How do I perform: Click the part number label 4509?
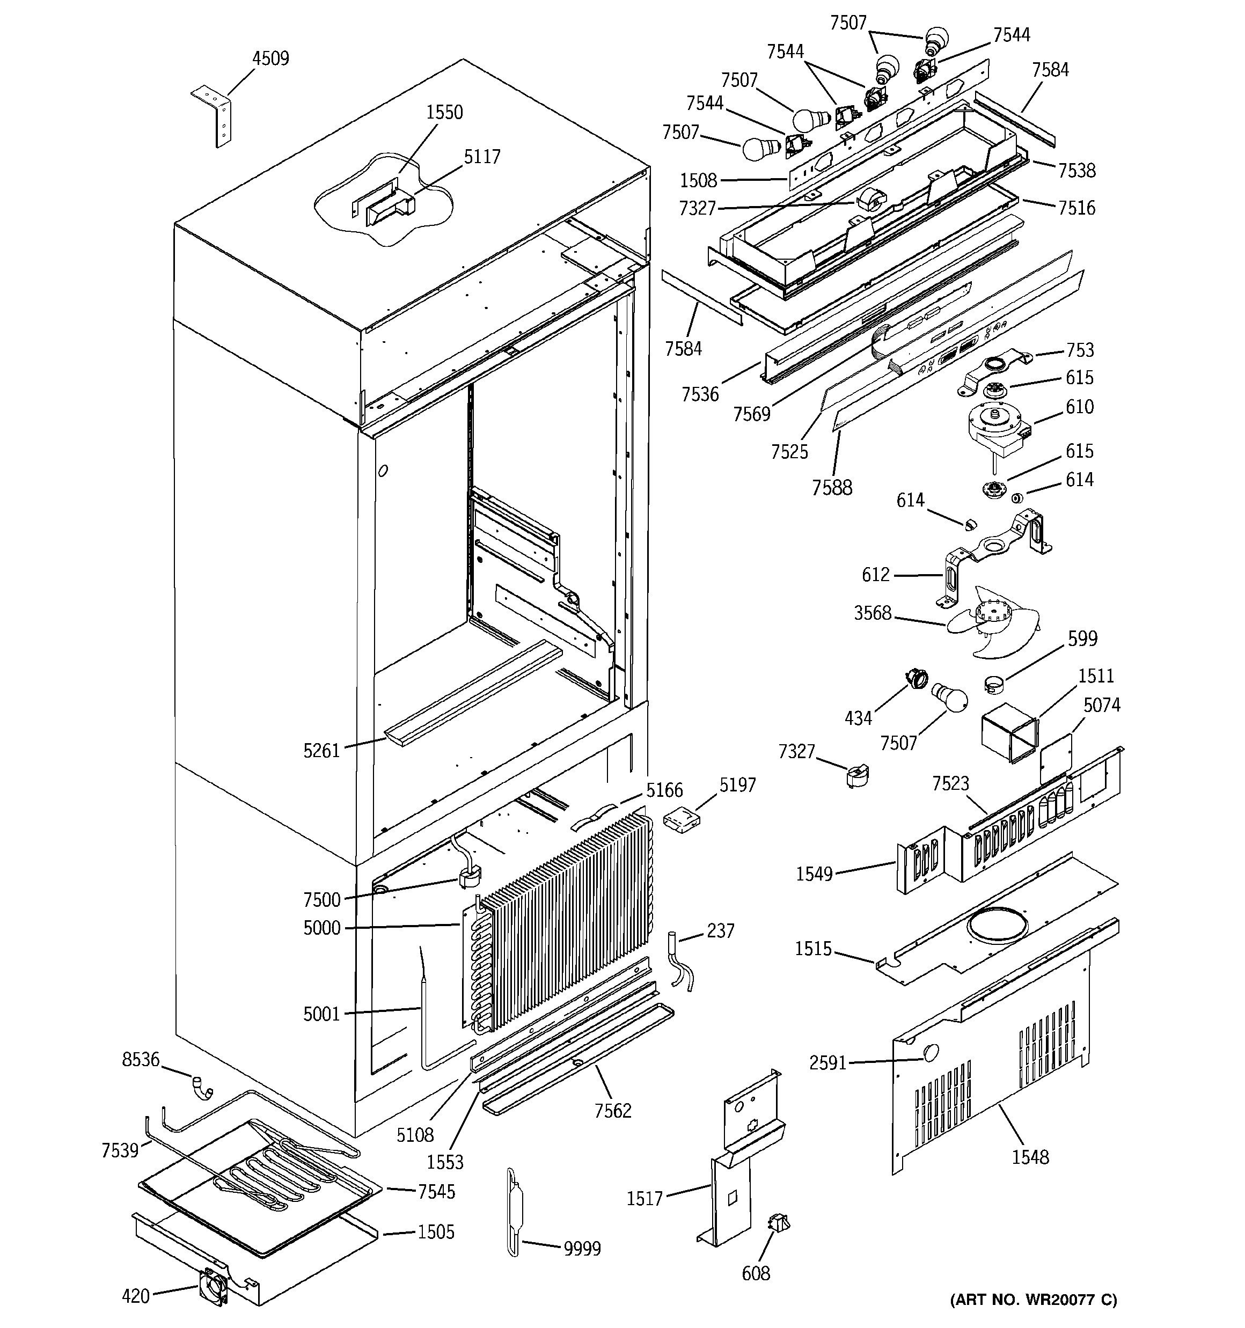click(270, 59)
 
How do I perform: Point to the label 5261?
click(321, 751)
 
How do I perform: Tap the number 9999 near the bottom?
click(582, 1249)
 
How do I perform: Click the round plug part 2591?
click(929, 1053)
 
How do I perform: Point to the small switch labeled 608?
click(779, 1223)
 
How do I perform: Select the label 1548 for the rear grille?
click(1030, 1157)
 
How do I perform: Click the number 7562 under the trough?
click(612, 1110)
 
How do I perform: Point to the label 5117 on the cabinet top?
click(482, 157)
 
